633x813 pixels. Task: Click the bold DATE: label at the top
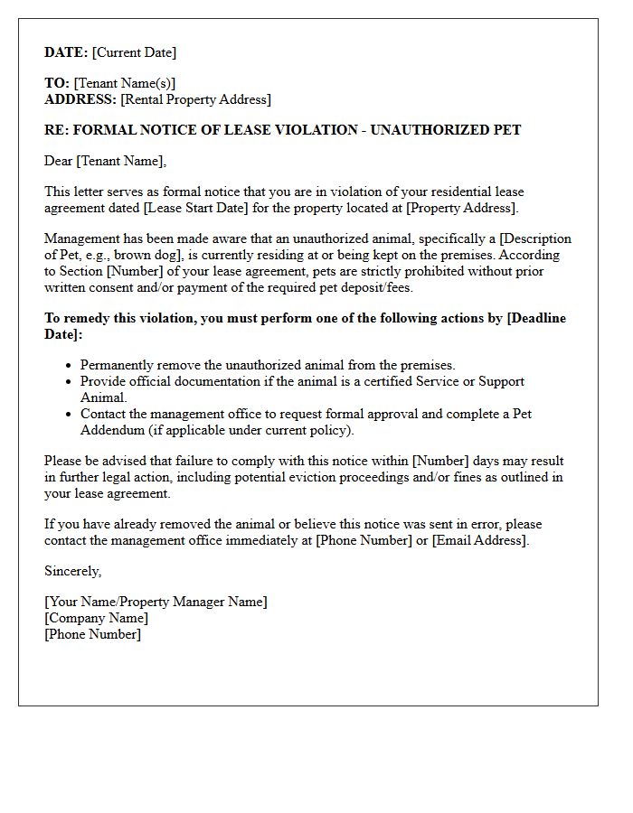[66, 52]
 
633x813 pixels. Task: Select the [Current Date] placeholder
[135, 52]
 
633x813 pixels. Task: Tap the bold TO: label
[57, 83]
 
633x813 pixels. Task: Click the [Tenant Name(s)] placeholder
[125, 83]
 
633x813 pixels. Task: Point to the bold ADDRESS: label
[80, 99]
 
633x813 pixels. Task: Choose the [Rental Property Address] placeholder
[195, 99]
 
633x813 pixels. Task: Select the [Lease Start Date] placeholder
[219, 208]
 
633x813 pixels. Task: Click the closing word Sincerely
[72, 571]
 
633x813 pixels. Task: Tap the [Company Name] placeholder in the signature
[96, 618]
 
